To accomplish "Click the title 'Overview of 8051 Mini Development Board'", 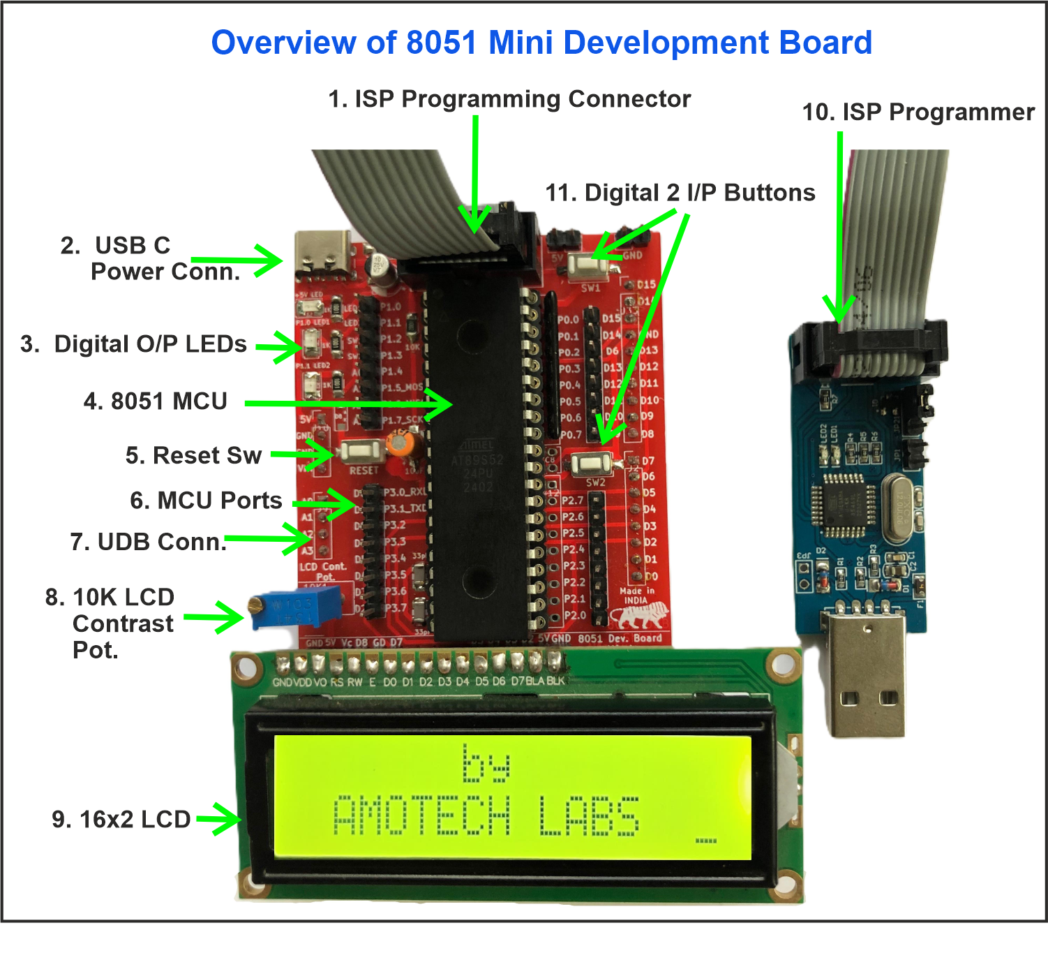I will pyautogui.click(x=541, y=43).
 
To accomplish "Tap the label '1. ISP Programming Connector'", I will pyautogui.click(x=509, y=99).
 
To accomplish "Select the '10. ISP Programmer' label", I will pyautogui.click(x=918, y=112).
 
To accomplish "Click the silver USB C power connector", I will pyautogui.click(x=323, y=253).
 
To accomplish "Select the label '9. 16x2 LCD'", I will pyautogui.click(x=121, y=819).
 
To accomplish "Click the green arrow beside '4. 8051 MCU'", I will pyautogui.click(x=349, y=404).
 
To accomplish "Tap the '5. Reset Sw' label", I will pyautogui.click(x=193, y=455).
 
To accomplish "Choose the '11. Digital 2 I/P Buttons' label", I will pyautogui.click(x=680, y=193).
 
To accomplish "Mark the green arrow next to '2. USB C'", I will pyautogui.click(x=237, y=260).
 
